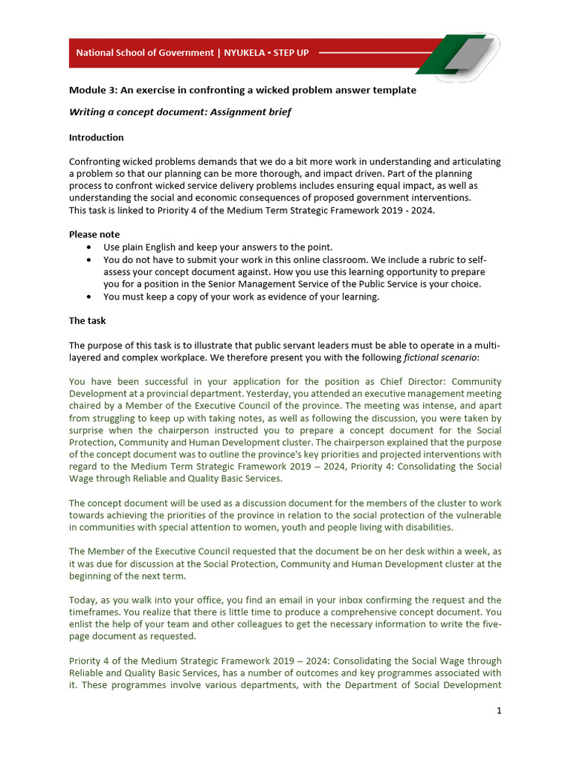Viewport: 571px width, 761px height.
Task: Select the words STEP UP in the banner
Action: [x=292, y=53]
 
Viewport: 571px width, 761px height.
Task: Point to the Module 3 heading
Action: [x=242, y=90]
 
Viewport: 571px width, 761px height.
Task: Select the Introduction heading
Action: [x=96, y=137]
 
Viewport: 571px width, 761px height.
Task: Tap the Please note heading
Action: [x=94, y=234]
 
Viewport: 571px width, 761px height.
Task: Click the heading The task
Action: [x=87, y=321]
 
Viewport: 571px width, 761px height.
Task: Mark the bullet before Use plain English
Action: [x=90, y=247]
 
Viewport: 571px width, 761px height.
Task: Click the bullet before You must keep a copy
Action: [x=90, y=297]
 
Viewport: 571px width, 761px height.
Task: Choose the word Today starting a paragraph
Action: [x=83, y=600]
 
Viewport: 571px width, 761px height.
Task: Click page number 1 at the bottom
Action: [x=499, y=710]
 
